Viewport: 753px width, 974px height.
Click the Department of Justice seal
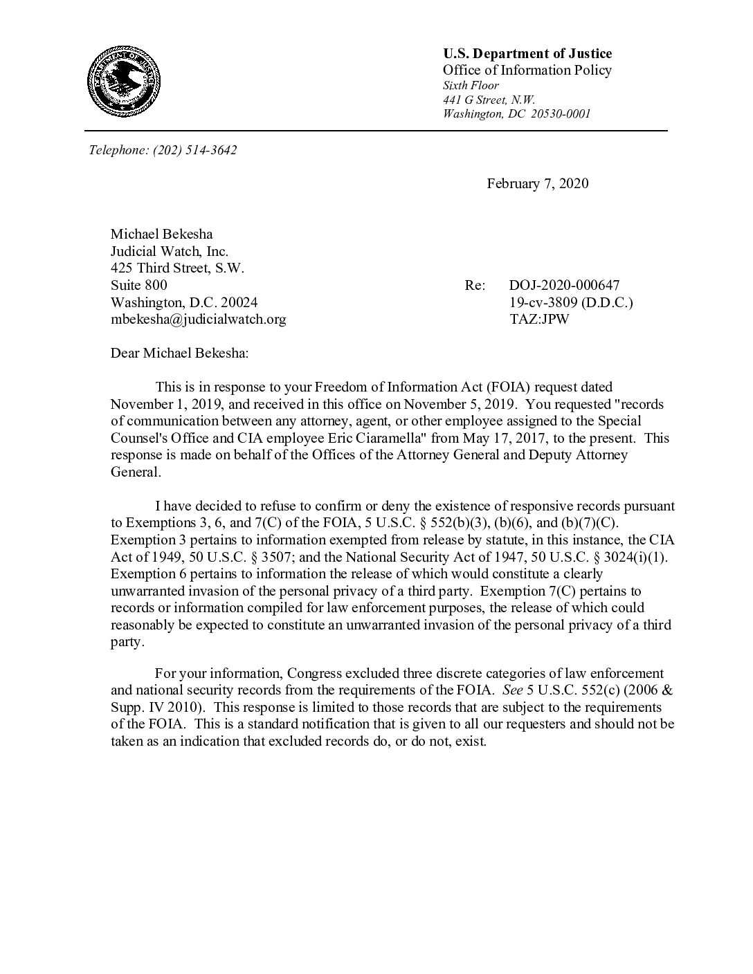(x=124, y=82)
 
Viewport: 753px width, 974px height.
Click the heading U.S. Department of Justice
(x=527, y=54)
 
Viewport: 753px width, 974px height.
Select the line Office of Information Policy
(x=527, y=71)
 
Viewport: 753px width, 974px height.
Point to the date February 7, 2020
(x=537, y=183)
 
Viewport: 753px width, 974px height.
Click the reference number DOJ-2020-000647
(x=564, y=285)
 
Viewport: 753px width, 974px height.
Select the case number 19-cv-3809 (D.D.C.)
(x=571, y=302)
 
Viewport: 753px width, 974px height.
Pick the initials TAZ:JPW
(x=538, y=320)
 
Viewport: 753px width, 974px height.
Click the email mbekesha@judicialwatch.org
(x=198, y=320)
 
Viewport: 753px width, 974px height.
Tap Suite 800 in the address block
(x=138, y=285)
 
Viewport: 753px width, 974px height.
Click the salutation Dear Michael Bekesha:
(x=179, y=353)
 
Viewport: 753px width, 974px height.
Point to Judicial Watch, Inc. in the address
(x=169, y=251)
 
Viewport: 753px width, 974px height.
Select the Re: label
(x=475, y=285)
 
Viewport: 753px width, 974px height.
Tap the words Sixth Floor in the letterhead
(x=471, y=86)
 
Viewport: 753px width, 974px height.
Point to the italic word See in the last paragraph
(x=513, y=690)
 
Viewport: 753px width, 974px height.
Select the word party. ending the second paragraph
(x=128, y=642)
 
